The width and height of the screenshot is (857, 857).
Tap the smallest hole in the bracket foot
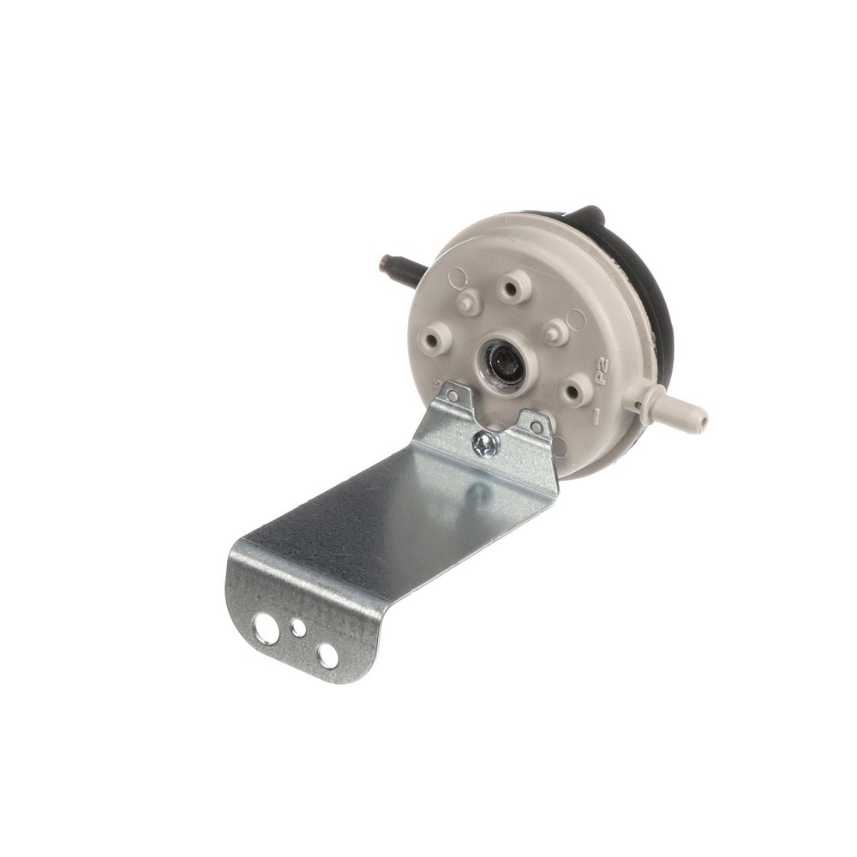(x=298, y=628)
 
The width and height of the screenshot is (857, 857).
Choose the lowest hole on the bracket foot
(x=327, y=656)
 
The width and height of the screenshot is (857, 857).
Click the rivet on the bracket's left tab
(x=452, y=396)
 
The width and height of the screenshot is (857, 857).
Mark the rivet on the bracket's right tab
(x=535, y=426)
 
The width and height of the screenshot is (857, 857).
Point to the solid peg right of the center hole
(x=555, y=332)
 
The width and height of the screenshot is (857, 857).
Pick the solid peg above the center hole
(x=468, y=303)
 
